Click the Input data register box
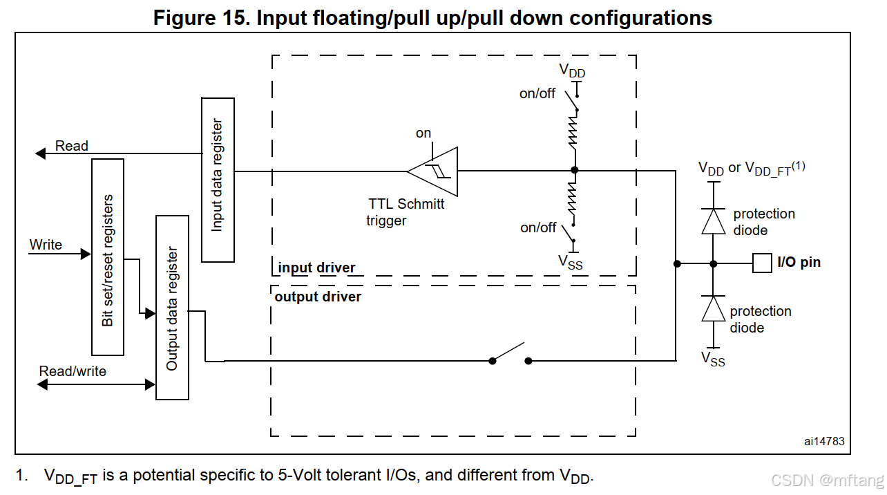tap(218, 180)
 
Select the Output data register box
tap(172, 308)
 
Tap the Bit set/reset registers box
tap(108, 257)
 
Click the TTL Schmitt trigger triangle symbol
tap(433, 171)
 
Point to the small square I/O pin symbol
tap(762, 263)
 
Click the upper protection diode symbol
tap(714, 221)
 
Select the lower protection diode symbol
tap(714, 308)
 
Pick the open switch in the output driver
tap(510, 354)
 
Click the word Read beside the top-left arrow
tap(72, 146)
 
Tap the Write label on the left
tap(46, 245)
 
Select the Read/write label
tap(73, 371)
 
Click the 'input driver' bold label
tap(316, 268)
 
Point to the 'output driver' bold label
tap(318, 297)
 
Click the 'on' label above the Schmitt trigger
tap(423, 133)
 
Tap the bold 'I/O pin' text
tap(799, 262)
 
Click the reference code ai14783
tap(823, 441)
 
